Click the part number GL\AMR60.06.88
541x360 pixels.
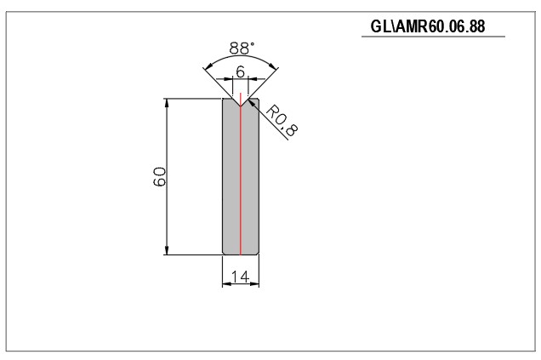point(428,26)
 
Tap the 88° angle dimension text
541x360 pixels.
point(242,48)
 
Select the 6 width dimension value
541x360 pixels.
point(241,71)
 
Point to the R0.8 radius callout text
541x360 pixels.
point(282,121)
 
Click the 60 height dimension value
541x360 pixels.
point(159,177)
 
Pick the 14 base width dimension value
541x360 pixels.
point(240,277)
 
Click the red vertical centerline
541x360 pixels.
point(241,174)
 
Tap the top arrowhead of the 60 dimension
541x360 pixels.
point(167,103)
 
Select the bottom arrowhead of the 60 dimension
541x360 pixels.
point(167,250)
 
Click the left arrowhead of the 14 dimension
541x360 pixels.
point(226,284)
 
